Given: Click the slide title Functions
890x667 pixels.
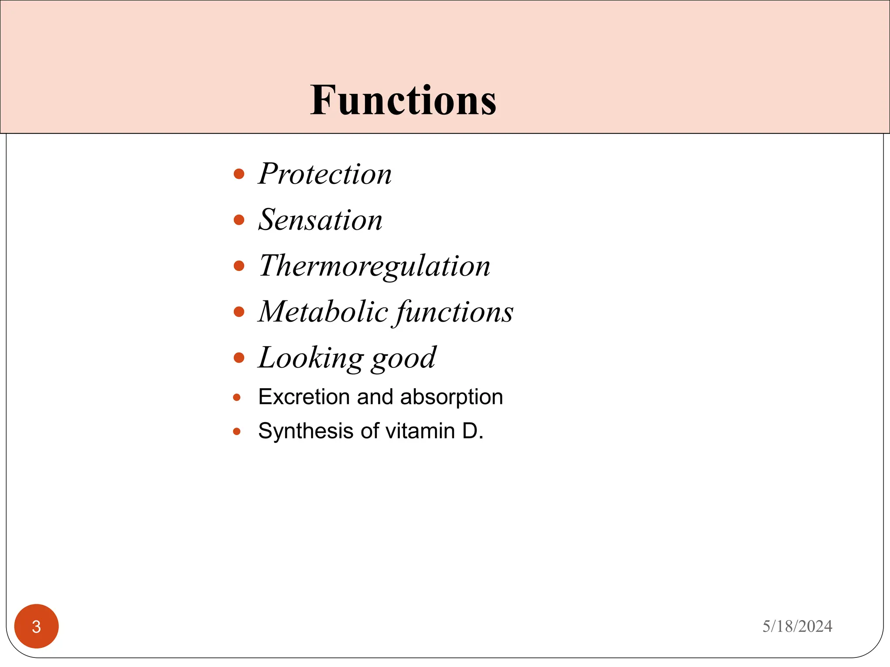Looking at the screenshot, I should tap(403, 101).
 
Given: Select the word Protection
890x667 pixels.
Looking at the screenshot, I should tap(325, 174).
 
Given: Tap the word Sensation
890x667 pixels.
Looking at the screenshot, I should tap(320, 220).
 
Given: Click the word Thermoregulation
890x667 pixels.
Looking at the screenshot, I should tap(374, 266).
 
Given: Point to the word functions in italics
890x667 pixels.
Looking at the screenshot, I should tap(454, 312).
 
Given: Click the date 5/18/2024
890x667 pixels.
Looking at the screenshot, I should tap(797, 626).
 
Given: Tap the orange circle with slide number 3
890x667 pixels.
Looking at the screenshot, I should tap(37, 626).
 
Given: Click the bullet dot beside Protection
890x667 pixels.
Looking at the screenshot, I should tap(239, 174).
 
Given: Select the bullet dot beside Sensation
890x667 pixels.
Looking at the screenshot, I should tap(239, 220).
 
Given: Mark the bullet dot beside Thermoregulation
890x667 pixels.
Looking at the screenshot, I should tap(239, 266).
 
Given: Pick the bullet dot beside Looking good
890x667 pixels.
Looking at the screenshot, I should tap(239, 357).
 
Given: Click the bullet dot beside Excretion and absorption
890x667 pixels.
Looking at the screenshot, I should tap(237, 397).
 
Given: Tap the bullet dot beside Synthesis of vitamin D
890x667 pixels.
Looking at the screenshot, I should tap(237, 431).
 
